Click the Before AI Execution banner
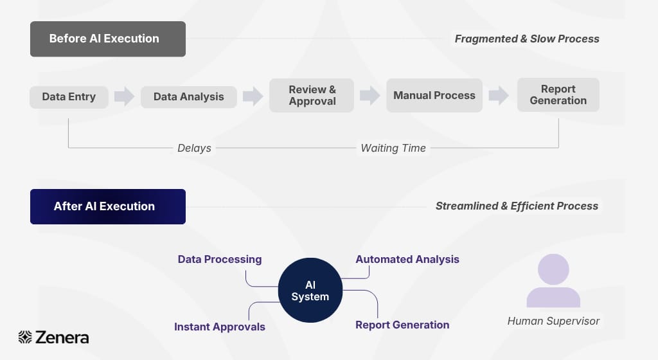click(108, 39)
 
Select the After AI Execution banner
click(108, 206)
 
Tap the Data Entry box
click(69, 97)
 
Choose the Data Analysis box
click(188, 97)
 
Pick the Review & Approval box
click(312, 95)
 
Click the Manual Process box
click(434, 96)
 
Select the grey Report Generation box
click(558, 95)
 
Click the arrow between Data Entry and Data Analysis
click(124, 97)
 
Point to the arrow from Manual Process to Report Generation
click(499, 96)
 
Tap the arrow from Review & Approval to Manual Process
click(369, 96)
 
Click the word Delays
click(194, 148)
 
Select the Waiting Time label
click(393, 148)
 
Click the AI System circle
click(310, 291)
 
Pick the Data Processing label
click(220, 260)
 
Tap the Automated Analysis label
click(407, 260)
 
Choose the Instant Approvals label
click(220, 327)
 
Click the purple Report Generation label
click(402, 325)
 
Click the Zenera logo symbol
click(25, 337)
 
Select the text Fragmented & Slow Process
click(527, 39)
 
